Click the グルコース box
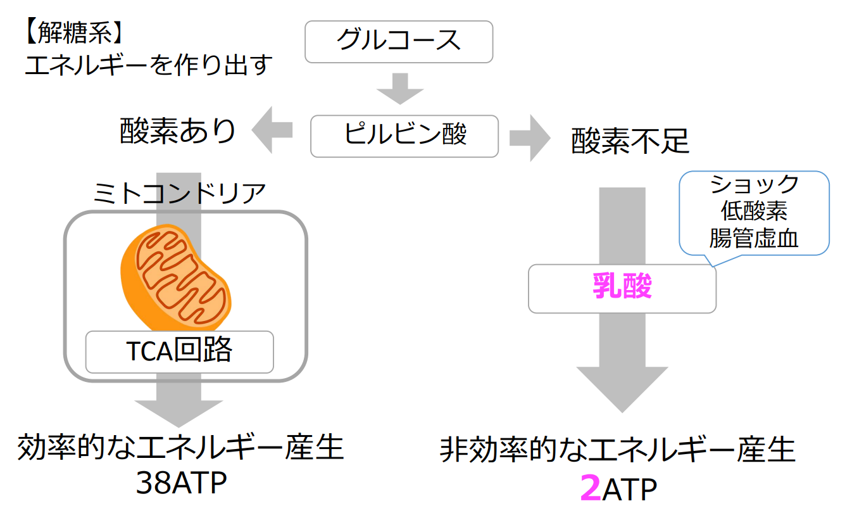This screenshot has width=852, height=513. (398, 41)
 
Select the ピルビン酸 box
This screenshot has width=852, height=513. (404, 136)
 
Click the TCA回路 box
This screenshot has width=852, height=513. (180, 351)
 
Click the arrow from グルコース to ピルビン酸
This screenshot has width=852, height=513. (400, 88)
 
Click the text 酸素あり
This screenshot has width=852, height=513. (178, 131)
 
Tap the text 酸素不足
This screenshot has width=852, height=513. (630, 141)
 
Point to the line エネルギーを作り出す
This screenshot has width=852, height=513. (148, 65)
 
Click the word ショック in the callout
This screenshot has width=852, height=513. (754, 185)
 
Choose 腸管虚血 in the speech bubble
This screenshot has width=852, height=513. (754, 239)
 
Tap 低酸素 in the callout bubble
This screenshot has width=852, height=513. (754, 212)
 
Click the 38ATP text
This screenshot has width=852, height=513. (180, 484)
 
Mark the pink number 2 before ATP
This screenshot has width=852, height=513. (590, 488)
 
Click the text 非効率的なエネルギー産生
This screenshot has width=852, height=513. (617, 451)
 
